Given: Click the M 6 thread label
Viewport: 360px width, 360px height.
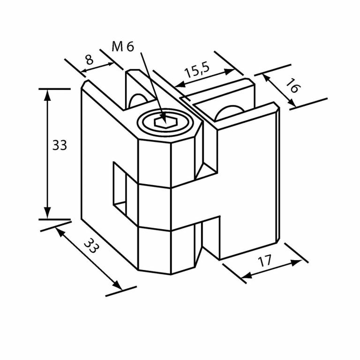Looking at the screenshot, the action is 123,46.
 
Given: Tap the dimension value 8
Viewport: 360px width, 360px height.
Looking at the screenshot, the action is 90,60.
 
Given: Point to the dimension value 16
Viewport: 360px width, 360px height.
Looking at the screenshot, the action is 293,85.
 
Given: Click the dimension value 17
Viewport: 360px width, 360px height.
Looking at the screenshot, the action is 265,261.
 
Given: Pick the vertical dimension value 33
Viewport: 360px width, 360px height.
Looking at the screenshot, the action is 60,145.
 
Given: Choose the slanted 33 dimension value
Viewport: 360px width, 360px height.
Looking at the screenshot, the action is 91,246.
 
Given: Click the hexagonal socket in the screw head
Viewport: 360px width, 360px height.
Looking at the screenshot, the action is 165,122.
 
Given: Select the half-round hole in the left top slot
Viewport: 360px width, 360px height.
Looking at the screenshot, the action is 138,100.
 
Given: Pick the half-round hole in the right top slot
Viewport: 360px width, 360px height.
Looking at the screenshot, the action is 229,113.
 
